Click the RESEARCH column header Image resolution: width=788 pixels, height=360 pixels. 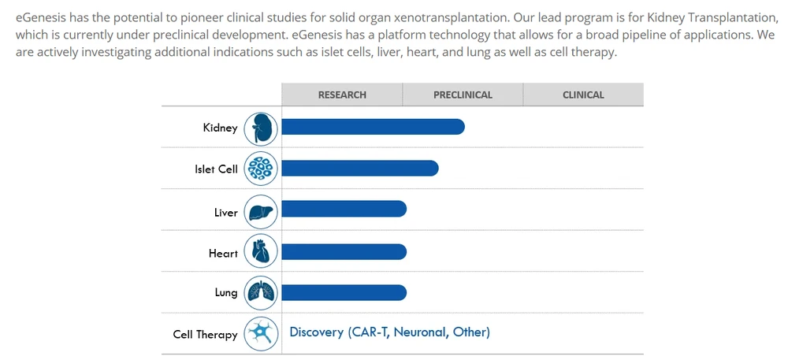pos(342,95)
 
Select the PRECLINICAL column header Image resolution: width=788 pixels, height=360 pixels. pos(463,95)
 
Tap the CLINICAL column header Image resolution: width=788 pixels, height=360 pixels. pos(583,95)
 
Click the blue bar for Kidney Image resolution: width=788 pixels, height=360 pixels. pos(373,127)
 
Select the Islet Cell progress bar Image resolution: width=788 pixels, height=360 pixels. pos(359,168)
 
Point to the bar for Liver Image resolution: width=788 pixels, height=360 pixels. pos(344,209)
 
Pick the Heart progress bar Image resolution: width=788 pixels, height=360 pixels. pos(344,251)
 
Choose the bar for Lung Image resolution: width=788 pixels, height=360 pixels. pos(344,292)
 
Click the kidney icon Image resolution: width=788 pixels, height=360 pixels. pos(261,128)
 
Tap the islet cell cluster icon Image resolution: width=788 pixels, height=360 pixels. pos(261,169)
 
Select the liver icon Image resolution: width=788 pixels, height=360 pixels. pos(261,211)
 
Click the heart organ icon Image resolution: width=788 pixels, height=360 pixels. pos(261,252)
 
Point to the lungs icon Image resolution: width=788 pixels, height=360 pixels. pos(261,293)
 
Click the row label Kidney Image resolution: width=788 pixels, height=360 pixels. pos(220,128)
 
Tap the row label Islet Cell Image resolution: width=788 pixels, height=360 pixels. pos(216,169)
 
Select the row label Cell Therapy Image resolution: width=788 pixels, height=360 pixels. pos(205,335)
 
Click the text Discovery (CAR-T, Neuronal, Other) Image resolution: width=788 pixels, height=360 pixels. pos(389,332)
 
